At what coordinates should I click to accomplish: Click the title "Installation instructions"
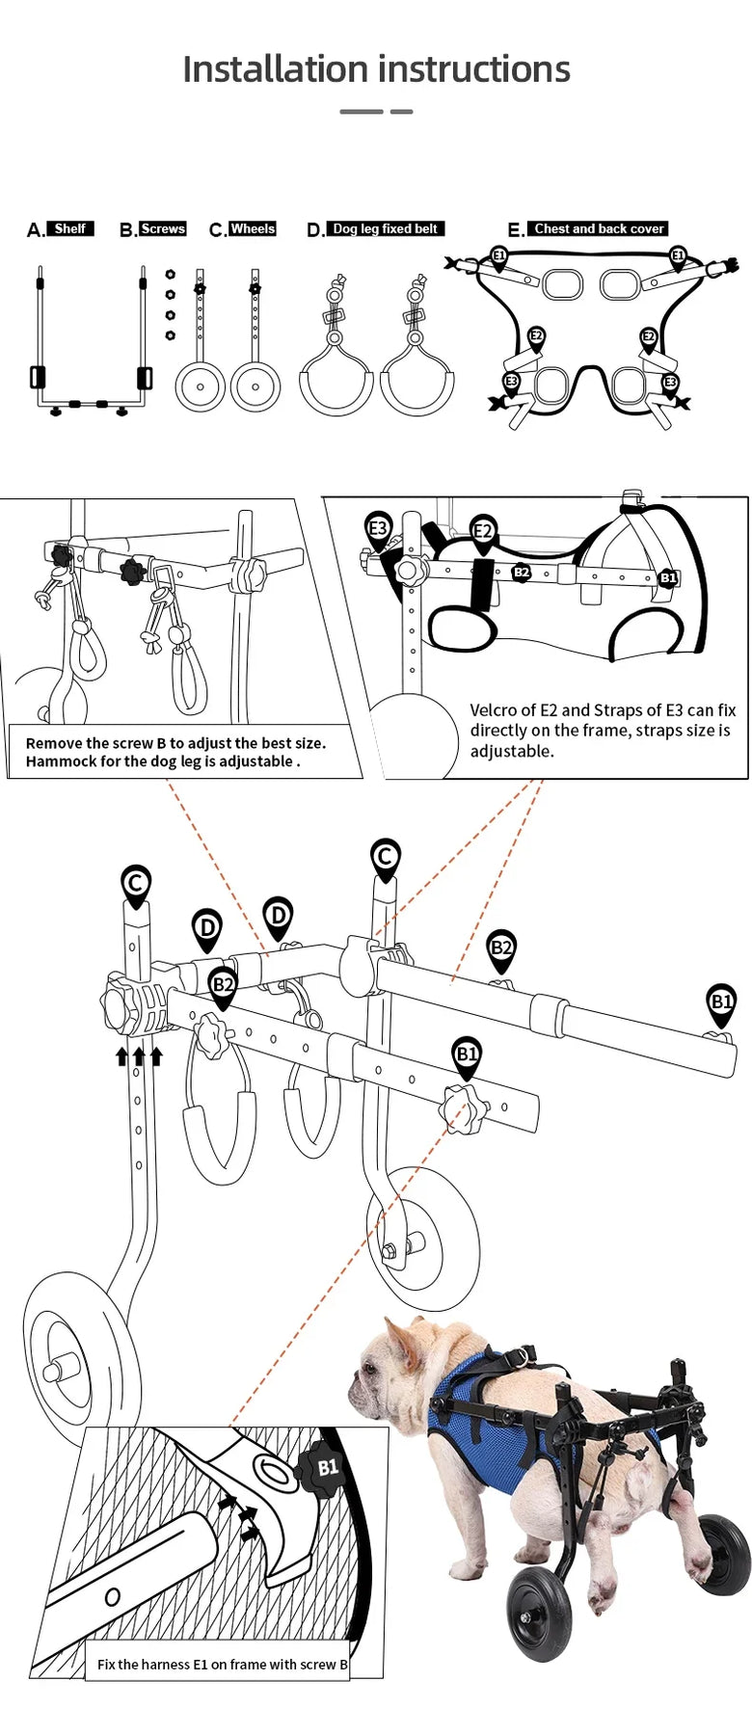(376, 69)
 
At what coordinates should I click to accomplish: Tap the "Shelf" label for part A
(70, 228)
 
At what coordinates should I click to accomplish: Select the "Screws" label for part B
(162, 228)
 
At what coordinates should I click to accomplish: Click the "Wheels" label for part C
(253, 228)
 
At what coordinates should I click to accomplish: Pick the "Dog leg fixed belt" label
(385, 228)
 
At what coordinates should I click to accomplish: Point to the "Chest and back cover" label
(599, 228)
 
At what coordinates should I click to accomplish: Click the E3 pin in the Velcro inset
(378, 529)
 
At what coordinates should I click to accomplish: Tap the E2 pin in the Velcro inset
(483, 531)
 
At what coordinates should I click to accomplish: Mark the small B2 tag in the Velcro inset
(522, 573)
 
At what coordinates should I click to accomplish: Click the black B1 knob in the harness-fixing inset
(326, 1468)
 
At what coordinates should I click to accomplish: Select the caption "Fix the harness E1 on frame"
(223, 1664)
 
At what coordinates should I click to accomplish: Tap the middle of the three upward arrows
(139, 1056)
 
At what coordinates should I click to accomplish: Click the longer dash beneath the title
(362, 112)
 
